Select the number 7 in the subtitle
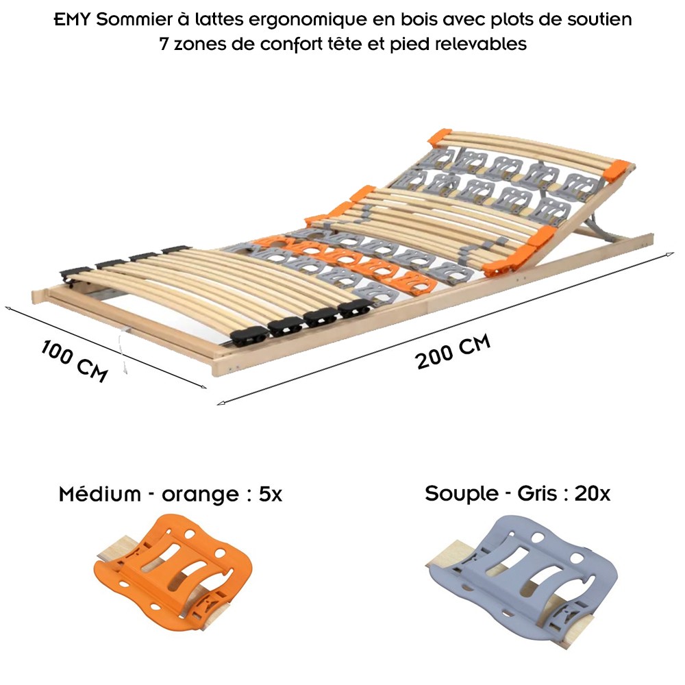click(164, 44)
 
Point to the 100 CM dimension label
click(74, 362)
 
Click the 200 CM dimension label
click(453, 351)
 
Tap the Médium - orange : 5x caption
click(171, 494)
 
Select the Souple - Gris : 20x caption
click(518, 494)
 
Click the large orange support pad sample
click(173, 571)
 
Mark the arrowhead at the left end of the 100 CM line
click(8, 308)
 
